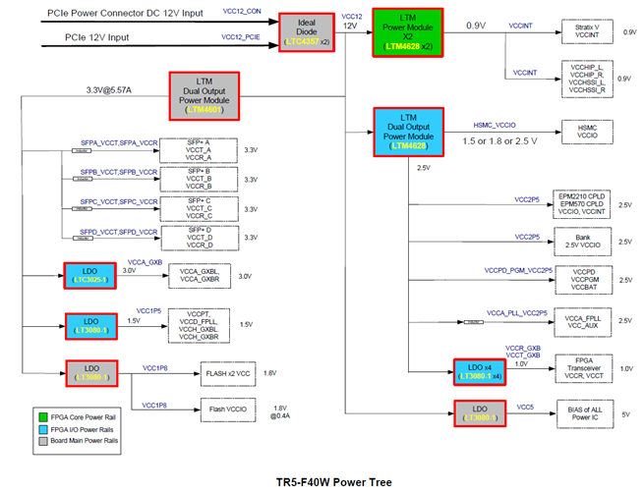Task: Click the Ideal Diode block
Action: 308,31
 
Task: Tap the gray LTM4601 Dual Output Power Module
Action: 206,95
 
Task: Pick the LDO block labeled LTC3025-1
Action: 90,274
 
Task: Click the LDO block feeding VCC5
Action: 481,412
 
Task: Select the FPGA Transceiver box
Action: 584,368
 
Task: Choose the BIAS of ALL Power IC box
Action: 584,412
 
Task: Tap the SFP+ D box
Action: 199,237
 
